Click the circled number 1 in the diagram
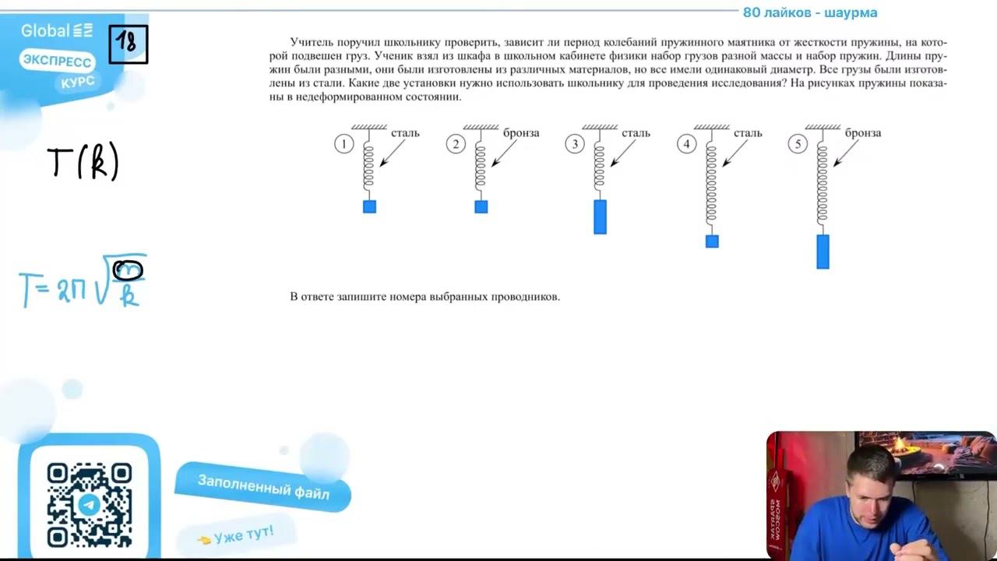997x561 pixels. [343, 144]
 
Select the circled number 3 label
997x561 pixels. [575, 144]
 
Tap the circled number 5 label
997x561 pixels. [798, 144]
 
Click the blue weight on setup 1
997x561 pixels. [369, 206]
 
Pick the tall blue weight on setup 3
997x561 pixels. [600, 217]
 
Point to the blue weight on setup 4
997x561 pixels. [712, 242]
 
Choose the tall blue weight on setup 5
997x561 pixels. [823, 252]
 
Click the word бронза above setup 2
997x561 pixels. [521, 132]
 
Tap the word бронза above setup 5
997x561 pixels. [863, 132]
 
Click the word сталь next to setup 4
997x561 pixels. [748, 132]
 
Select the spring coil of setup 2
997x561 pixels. [481, 166]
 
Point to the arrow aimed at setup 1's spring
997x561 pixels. [392, 153]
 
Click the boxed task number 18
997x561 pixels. [129, 44]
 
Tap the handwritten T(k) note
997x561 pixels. [83, 161]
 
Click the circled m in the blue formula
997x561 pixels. [129, 270]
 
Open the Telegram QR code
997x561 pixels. [90, 505]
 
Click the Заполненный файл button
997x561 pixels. [263, 487]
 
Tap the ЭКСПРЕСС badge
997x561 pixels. [57, 61]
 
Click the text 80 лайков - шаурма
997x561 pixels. [810, 12]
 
